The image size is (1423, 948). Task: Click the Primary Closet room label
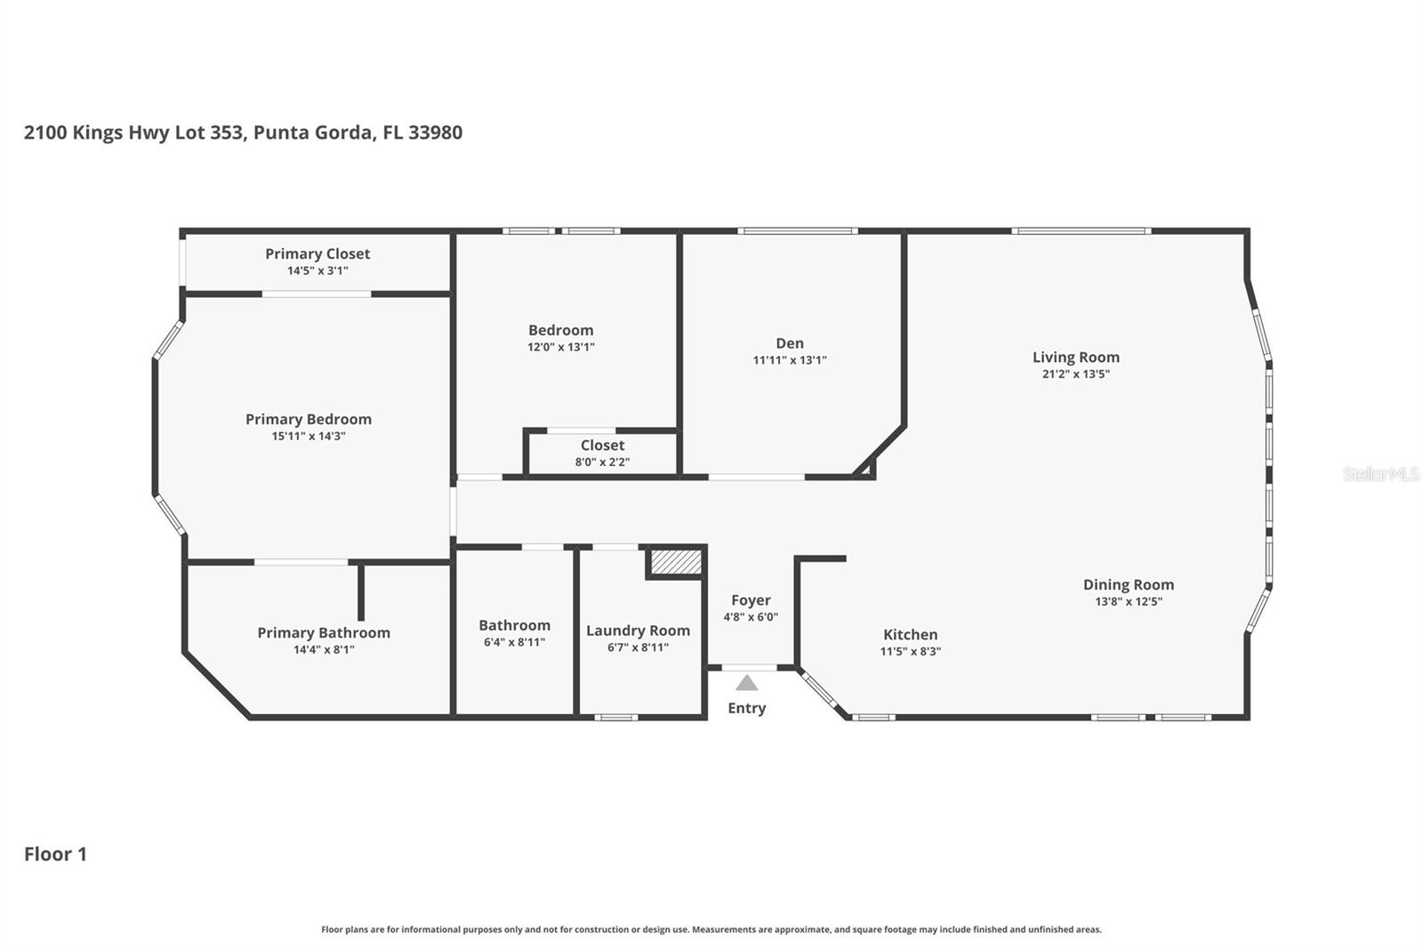click(318, 254)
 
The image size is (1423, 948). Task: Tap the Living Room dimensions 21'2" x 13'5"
click(1075, 374)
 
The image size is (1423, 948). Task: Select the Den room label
click(789, 343)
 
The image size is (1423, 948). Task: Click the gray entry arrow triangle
click(747, 683)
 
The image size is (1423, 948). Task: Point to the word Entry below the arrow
click(746, 708)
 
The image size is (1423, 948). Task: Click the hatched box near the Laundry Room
click(676, 563)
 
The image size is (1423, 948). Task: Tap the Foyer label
click(751, 600)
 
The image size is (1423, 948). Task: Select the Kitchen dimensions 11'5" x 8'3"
click(910, 651)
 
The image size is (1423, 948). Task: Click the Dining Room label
click(1128, 584)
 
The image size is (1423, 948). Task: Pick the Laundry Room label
click(638, 631)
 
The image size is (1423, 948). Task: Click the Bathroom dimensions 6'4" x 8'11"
click(514, 642)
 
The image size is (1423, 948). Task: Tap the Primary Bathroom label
click(324, 632)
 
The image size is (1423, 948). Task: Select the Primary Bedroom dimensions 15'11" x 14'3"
click(309, 437)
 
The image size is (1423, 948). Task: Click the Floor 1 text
click(55, 854)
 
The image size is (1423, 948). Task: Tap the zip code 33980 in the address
click(435, 133)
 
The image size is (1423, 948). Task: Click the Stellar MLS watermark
click(1380, 474)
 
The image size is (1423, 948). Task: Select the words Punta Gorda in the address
click(312, 133)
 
